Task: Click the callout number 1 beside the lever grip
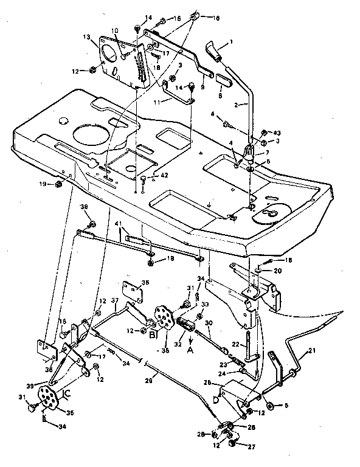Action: tap(231, 42)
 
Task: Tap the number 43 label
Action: tap(278, 133)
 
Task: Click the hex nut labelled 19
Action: tap(57, 183)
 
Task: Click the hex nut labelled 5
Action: tap(269, 405)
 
